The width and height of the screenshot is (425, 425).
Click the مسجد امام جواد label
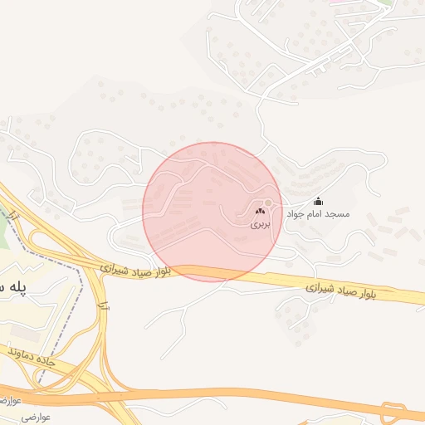[318, 214]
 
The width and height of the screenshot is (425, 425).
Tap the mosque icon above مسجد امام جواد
[318, 202]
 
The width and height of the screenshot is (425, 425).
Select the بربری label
[260, 224]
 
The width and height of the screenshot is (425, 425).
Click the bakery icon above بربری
[260, 212]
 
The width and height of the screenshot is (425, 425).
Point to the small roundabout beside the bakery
[268, 204]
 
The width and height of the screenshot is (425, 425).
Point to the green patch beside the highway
[4, 232]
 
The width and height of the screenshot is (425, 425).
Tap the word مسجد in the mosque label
[339, 214]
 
